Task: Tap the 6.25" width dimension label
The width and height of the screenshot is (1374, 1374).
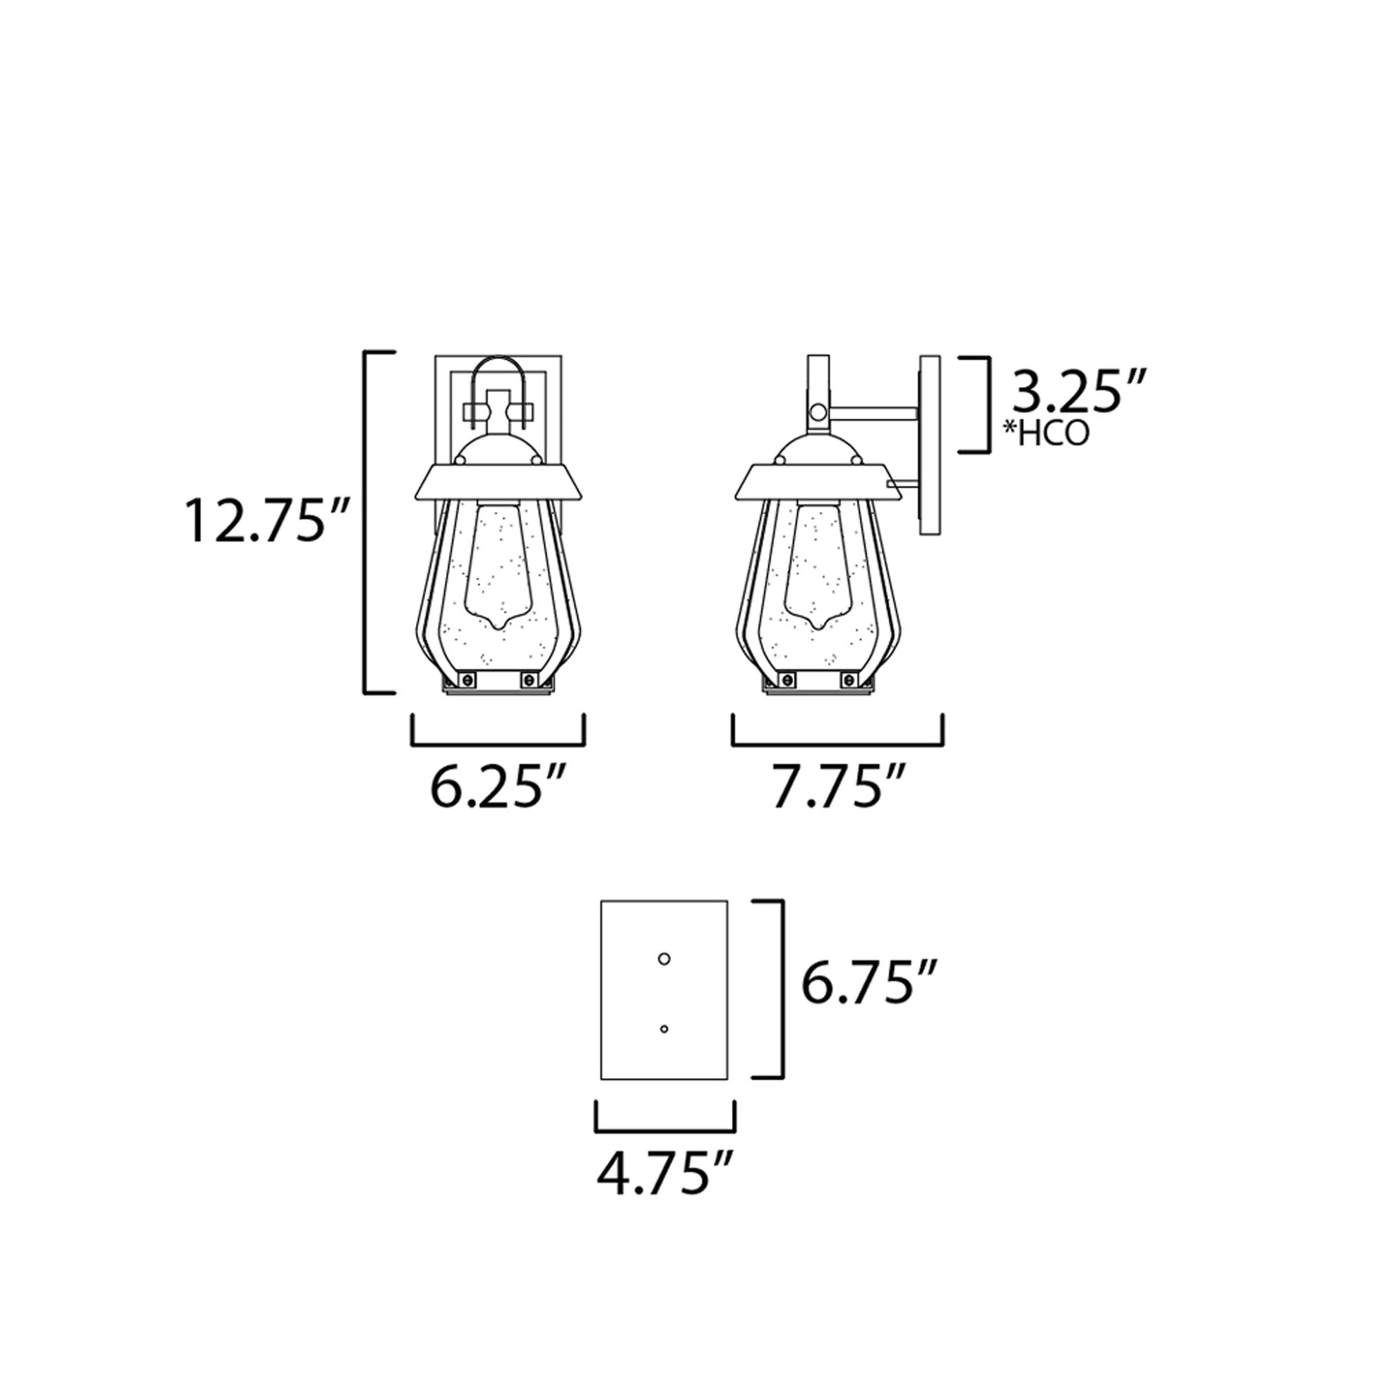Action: pyautogui.click(x=498, y=787)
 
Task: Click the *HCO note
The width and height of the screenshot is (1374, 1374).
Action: pyautogui.click(x=1046, y=434)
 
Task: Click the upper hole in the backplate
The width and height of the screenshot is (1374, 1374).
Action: pyautogui.click(x=664, y=960)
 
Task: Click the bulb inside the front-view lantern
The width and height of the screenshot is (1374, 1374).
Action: pyautogui.click(x=498, y=566)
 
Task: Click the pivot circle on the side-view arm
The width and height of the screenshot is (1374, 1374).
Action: pyautogui.click(x=819, y=412)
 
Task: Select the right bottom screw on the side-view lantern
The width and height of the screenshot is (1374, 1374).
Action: pyautogui.click(x=848, y=680)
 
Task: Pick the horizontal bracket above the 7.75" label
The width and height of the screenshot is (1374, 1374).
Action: pyautogui.click(x=838, y=744)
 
